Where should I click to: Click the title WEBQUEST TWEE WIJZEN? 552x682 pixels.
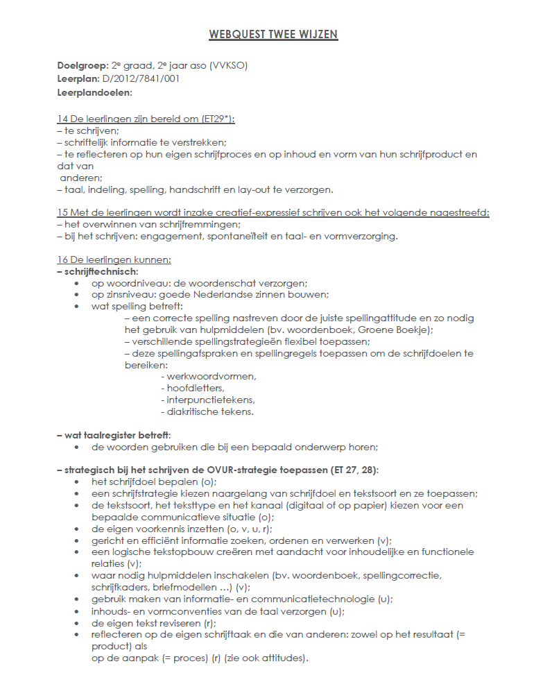tap(273, 34)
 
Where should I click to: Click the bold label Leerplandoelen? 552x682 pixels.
tap(94, 92)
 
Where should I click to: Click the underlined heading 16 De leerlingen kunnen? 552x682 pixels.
tap(114, 259)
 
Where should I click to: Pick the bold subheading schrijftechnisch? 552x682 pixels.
tap(101, 271)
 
